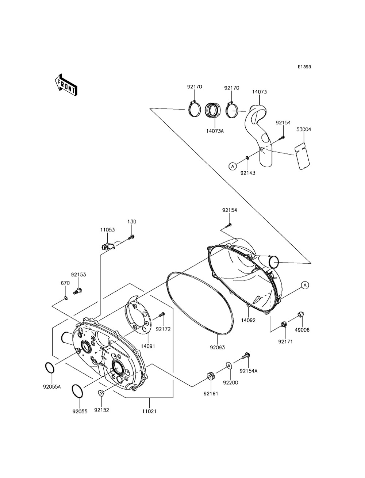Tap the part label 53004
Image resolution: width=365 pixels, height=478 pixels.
304,129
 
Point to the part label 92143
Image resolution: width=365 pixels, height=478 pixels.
248,173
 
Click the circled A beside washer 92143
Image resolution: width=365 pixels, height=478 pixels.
232,166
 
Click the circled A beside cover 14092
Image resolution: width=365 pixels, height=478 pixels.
305,285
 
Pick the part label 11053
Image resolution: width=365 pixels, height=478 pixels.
108,230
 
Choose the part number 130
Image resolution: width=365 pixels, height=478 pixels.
132,222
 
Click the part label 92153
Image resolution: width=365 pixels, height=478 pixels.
78,275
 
